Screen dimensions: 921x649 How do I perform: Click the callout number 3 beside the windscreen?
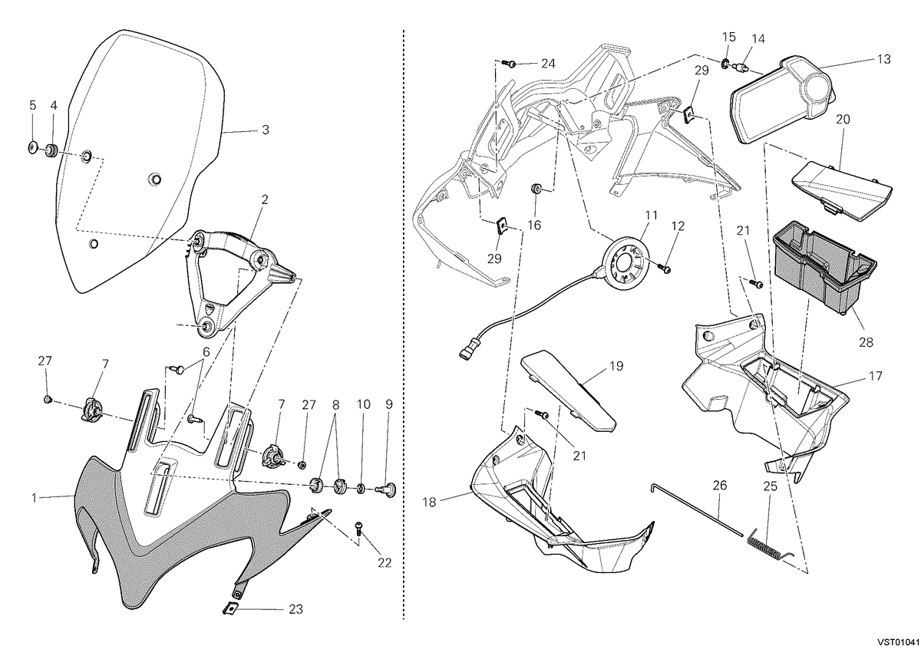coord(266,130)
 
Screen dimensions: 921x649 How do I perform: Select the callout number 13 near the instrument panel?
coord(883,60)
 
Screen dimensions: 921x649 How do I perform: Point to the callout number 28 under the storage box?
coord(866,342)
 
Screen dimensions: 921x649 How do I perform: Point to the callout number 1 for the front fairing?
coord(34,498)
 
